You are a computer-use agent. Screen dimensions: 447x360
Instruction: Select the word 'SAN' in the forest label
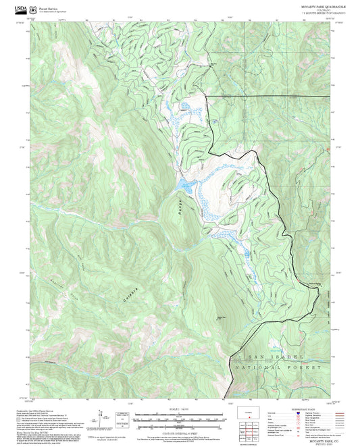[252, 357]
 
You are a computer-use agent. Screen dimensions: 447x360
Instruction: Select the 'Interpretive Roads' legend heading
[310, 409]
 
